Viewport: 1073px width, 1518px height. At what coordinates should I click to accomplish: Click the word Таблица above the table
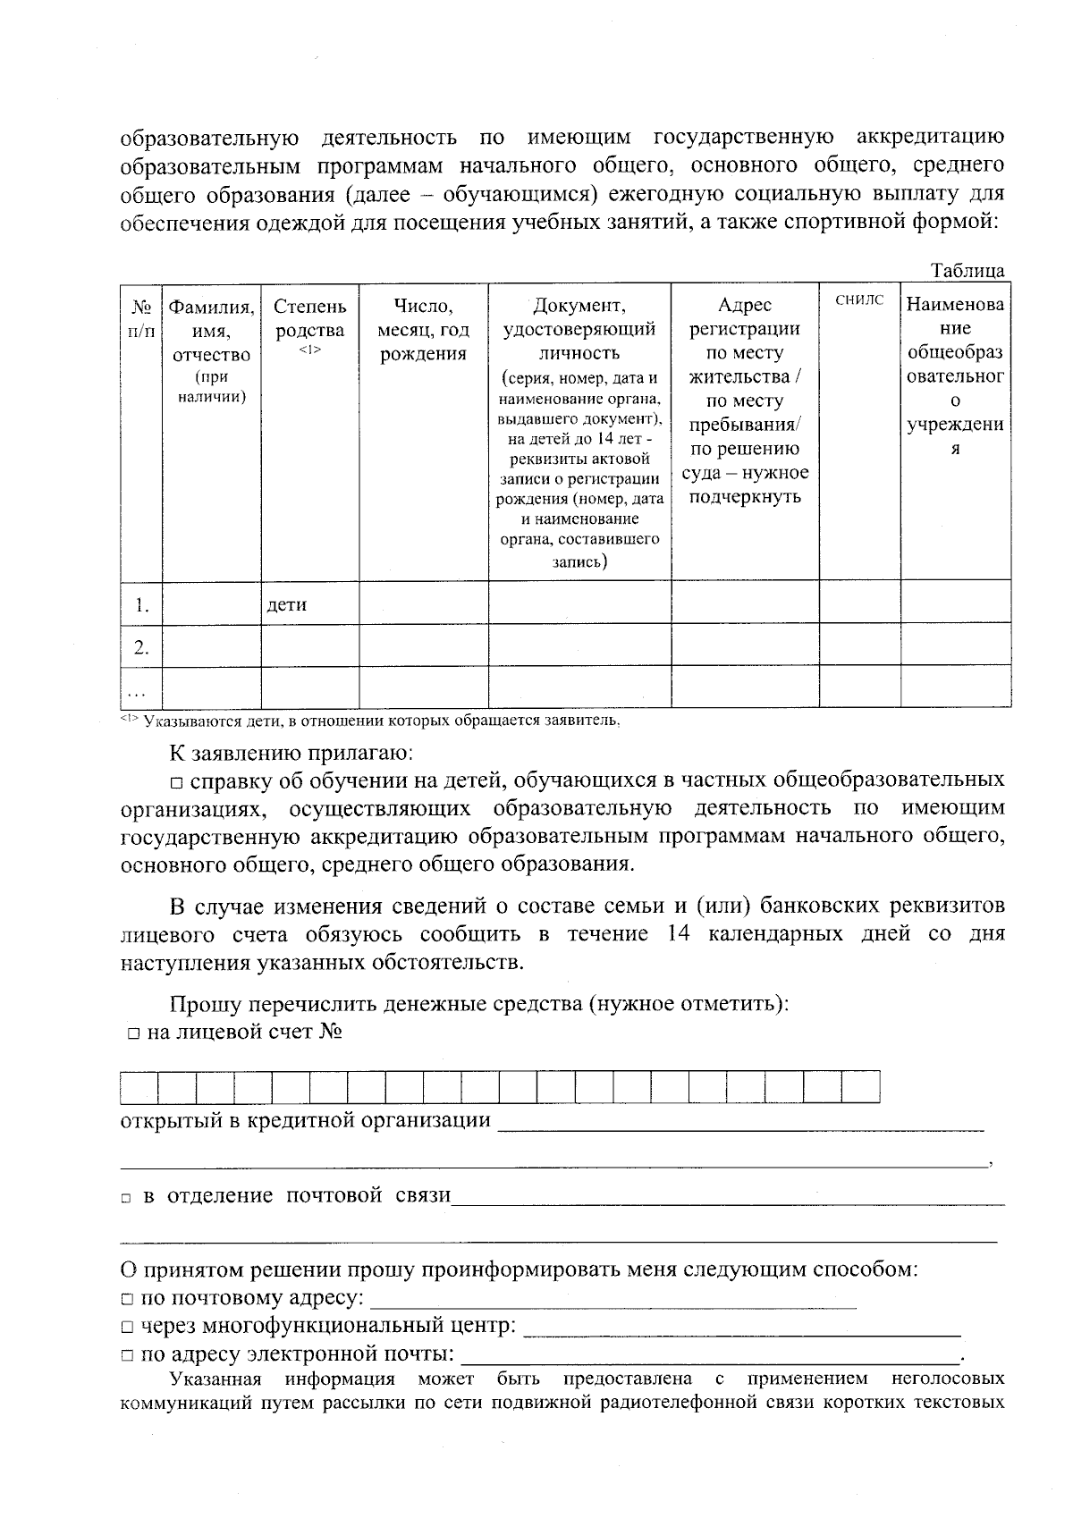pyautogui.click(x=967, y=271)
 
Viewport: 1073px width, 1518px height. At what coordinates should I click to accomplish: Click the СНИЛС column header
pyautogui.click(x=859, y=300)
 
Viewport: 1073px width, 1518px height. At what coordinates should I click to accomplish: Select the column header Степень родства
pyautogui.click(x=309, y=319)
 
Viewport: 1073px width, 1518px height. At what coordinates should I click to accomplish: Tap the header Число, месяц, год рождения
pyautogui.click(x=423, y=331)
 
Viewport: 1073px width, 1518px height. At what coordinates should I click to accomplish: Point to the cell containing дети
pyautogui.click(x=287, y=604)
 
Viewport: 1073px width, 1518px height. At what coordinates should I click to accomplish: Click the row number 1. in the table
pyautogui.click(x=141, y=605)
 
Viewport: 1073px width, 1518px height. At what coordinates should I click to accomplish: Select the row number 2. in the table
pyautogui.click(x=141, y=647)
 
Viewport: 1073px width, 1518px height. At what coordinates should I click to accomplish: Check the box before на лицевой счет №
pyautogui.click(x=133, y=1034)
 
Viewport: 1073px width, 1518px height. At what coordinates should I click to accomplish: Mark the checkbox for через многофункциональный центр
pyautogui.click(x=128, y=1327)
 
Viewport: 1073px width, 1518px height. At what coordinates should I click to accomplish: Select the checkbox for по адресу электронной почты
pyautogui.click(x=128, y=1355)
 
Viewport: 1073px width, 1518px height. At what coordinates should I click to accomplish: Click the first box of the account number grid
pyautogui.click(x=139, y=1087)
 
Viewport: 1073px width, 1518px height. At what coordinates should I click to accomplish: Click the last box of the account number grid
pyautogui.click(x=861, y=1087)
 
